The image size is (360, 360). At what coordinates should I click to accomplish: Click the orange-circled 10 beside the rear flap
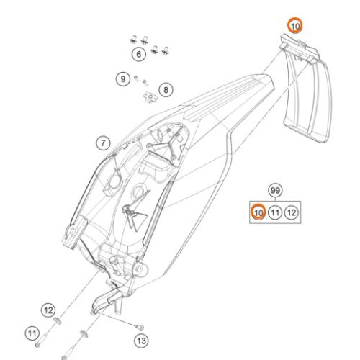pyautogui.click(x=295, y=25)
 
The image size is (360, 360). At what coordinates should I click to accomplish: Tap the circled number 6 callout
pyautogui.click(x=139, y=54)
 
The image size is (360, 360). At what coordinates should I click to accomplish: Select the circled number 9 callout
pyautogui.click(x=123, y=78)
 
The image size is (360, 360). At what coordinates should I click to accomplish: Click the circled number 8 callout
pyautogui.click(x=166, y=90)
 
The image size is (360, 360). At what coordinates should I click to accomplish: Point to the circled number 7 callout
pyautogui.click(x=103, y=143)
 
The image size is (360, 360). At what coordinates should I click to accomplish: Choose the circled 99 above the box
pyautogui.click(x=275, y=191)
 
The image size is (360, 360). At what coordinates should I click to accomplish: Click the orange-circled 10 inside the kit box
pyautogui.click(x=258, y=212)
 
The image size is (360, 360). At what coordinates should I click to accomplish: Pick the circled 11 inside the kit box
pyautogui.click(x=275, y=212)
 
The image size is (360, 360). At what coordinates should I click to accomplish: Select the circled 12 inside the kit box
pyautogui.click(x=292, y=212)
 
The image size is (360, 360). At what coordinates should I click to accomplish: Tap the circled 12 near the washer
pyautogui.click(x=48, y=310)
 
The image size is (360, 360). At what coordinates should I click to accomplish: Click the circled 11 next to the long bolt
pyautogui.click(x=32, y=333)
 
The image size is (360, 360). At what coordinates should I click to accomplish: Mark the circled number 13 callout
pyautogui.click(x=141, y=341)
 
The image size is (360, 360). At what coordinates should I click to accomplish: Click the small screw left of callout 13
pyautogui.click(x=140, y=327)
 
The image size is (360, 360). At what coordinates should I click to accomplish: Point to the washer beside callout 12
pyautogui.click(x=57, y=320)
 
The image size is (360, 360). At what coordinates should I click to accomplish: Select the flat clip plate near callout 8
pyautogui.click(x=150, y=98)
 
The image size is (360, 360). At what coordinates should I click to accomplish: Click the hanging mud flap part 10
pyautogui.click(x=307, y=101)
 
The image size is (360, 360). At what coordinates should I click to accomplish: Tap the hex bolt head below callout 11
pyautogui.click(x=37, y=345)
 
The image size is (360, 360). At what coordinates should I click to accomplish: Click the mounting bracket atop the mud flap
pyautogui.click(x=300, y=49)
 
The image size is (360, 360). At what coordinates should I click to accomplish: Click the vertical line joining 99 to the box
pyautogui.click(x=275, y=199)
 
